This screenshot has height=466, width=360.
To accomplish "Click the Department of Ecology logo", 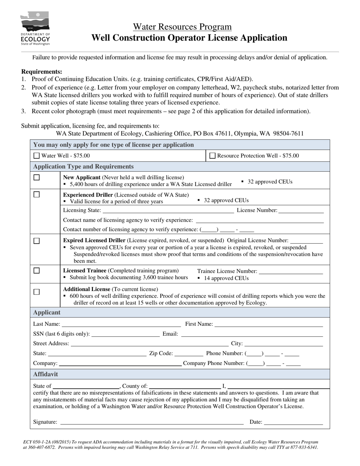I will point(35,28).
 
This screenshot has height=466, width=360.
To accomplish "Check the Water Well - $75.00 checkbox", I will point(36,155).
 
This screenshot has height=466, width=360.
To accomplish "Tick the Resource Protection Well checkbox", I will point(212,155).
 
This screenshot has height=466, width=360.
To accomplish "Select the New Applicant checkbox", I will point(36,177).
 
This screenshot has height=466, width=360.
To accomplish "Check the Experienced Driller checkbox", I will point(36,195).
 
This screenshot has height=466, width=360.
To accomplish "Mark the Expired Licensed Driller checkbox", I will point(36,241).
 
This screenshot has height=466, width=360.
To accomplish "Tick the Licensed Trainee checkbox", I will point(36,271).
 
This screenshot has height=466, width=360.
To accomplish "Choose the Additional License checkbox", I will point(36,292).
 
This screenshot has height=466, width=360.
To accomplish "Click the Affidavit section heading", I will point(45,374).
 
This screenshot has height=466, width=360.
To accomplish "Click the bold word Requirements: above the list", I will point(42,72).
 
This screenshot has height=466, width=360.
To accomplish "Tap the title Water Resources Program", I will point(182,27).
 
